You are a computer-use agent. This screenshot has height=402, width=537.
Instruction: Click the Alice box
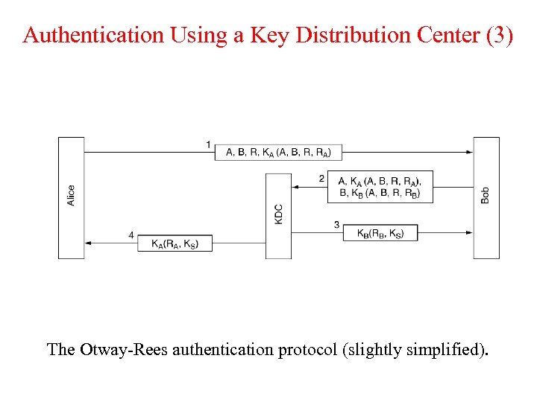click(x=71, y=197)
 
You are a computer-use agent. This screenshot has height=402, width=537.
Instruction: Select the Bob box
click(x=486, y=197)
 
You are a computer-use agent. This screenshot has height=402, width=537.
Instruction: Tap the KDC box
click(x=278, y=216)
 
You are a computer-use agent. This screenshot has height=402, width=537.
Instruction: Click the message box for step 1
click(x=279, y=152)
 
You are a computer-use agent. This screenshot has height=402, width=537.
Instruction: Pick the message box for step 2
click(x=380, y=186)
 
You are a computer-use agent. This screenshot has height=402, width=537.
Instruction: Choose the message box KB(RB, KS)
click(x=380, y=233)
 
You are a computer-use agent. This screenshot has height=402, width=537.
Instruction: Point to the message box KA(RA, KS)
click(x=175, y=243)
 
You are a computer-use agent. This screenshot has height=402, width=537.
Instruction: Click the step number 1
click(x=209, y=144)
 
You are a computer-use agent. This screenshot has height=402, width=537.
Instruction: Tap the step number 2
click(x=321, y=179)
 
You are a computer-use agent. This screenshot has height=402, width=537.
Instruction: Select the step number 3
click(x=336, y=225)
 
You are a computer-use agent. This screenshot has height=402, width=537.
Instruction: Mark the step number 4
click(x=131, y=235)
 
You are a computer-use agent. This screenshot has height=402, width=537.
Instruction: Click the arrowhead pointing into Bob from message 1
click(x=468, y=152)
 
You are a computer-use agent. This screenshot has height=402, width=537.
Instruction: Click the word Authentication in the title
click(x=82, y=36)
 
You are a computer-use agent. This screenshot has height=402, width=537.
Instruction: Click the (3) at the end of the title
click(x=499, y=36)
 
